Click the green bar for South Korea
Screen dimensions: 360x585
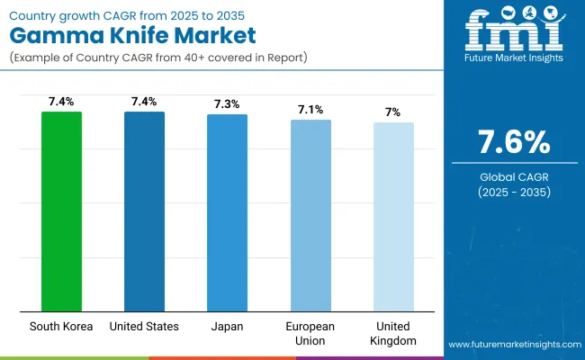point(61,211)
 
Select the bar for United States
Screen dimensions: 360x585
point(144,211)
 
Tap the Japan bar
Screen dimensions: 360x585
point(227,212)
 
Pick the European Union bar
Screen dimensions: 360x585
point(310,215)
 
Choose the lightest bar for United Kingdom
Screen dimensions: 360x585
point(393,217)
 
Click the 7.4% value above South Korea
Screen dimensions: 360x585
point(61,102)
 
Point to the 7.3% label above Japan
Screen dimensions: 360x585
point(227,104)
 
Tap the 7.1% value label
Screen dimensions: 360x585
point(310,110)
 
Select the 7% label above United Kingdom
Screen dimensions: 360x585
point(393,112)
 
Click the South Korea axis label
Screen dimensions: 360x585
point(61,326)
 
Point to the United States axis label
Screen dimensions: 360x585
point(144,326)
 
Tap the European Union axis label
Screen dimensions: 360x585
point(310,332)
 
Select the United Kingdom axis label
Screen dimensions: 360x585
point(393,332)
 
